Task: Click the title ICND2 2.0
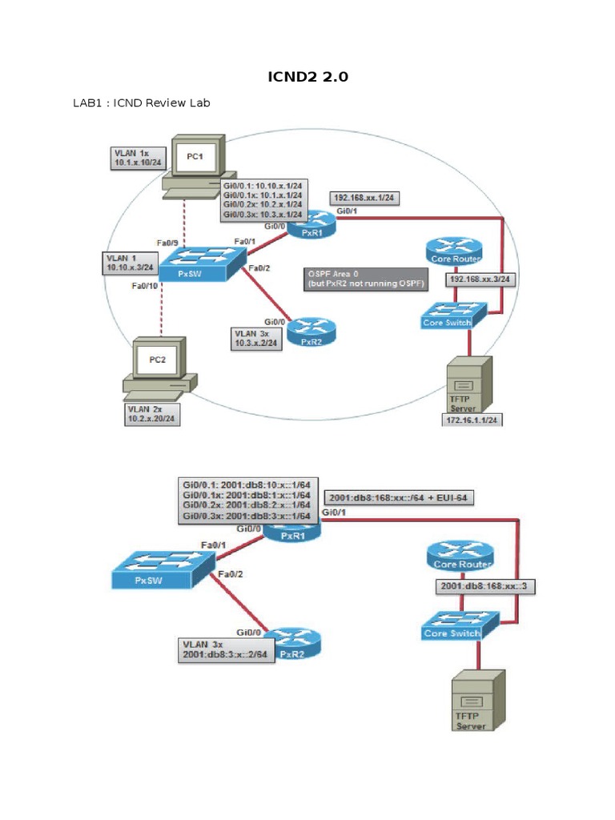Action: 308,77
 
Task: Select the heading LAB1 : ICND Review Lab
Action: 142,103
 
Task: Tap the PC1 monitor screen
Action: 195,159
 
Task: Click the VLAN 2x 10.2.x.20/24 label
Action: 152,412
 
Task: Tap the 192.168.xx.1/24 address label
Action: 364,197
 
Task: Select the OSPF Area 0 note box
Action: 366,279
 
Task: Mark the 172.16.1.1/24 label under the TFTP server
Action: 471,419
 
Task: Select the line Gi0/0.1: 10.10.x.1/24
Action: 263,184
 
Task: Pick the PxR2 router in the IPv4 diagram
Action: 311,329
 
